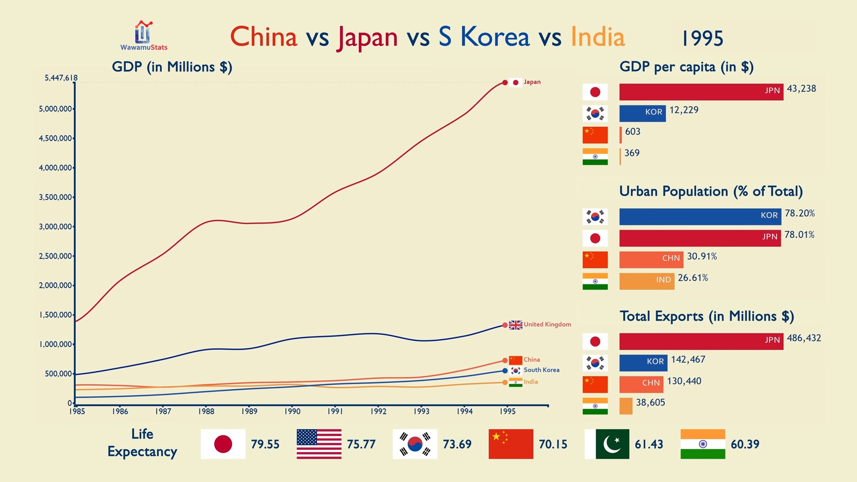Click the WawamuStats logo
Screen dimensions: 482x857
[144, 36]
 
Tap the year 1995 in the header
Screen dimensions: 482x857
[702, 38]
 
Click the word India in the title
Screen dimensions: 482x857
[598, 37]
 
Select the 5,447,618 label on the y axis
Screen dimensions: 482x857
[61, 78]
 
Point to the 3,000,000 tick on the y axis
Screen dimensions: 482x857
[56, 227]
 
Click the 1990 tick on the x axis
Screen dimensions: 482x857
[292, 411]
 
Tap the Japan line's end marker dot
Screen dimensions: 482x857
[505, 83]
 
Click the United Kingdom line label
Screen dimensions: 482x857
[547, 324]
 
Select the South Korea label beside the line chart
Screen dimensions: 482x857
[541, 370]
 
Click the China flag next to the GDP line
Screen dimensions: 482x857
[516, 360]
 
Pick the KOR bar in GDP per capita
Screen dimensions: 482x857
[642, 113]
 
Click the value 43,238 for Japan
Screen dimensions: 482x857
[801, 89]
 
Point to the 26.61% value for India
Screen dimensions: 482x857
[693, 278]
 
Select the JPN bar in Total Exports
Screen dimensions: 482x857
[701, 341]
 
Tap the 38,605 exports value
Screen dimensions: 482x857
[650, 403]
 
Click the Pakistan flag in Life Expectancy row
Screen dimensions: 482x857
[607, 444]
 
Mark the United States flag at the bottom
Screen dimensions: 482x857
[319, 444]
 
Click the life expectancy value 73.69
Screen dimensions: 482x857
[457, 445]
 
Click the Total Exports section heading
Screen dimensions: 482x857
[707, 316]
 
